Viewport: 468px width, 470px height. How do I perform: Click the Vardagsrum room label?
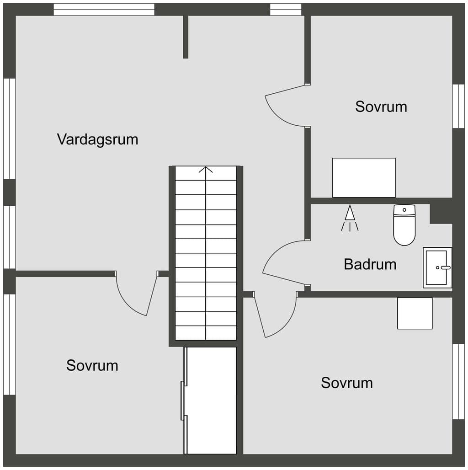(x=97, y=139)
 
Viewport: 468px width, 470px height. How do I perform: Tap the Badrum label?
(x=370, y=264)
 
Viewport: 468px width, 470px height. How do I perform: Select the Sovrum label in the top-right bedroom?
(x=381, y=107)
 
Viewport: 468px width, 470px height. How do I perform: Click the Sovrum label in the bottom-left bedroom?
(x=92, y=365)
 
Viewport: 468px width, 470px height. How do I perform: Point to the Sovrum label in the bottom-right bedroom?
(x=347, y=383)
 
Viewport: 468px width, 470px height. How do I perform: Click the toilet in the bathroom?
(x=404, y=225)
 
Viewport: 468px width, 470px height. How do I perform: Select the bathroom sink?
(x=437, y=267)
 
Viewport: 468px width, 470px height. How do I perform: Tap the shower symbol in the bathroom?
(x=350, y=218)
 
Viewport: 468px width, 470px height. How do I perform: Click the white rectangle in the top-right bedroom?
(x=364, y=178)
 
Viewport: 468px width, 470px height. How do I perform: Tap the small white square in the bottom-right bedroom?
(x=415, y=313)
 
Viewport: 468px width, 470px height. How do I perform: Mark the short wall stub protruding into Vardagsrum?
(x=186, y=37)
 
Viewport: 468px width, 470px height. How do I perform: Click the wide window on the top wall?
(x=104, y=9)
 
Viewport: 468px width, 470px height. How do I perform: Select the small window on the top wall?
(x=286, y=9)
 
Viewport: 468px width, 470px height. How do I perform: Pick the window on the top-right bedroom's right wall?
(x=458, y=106)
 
